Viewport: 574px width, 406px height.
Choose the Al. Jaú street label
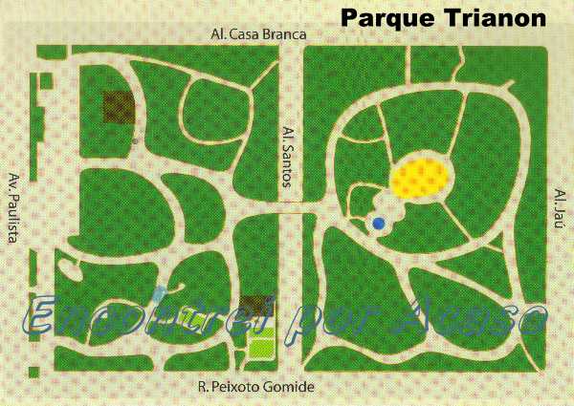point(561,208)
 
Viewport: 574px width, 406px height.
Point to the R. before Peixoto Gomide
point(203,387)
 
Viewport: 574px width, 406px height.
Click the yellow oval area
point(421,178)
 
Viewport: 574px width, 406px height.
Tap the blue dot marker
point(379,224)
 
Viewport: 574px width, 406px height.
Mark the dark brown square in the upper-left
point(118,107)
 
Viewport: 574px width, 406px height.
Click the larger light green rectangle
point(260,348)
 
